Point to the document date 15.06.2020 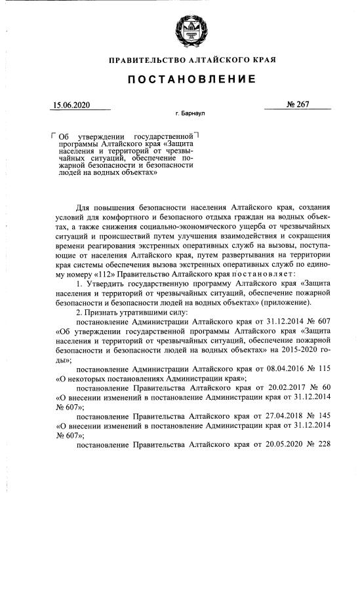click(x=72, y=104)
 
